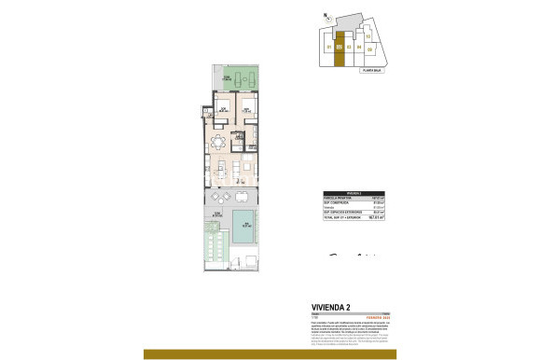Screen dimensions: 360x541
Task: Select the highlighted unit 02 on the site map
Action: (x=340, y=47)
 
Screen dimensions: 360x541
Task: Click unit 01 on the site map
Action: (x=328, y=47)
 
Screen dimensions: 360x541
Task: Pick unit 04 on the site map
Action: (x=360, y=47)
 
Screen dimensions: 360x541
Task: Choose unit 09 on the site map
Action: (x=369, y=48)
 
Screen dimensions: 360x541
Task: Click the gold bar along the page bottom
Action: (x=270, y=353)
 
